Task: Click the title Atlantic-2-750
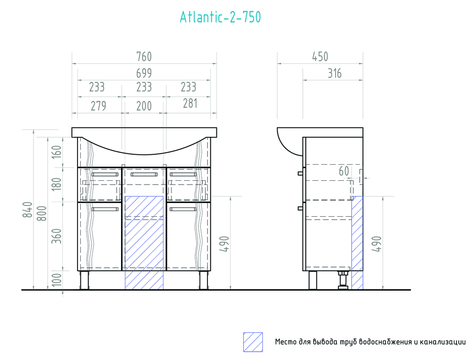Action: [220, 18]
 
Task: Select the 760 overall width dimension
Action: [144, 57]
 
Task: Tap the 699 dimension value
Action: [144, 73]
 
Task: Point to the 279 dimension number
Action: [98, 106]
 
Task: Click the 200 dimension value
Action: [144, 106]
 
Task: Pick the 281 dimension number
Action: [189, 103]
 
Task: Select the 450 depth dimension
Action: [320, 57]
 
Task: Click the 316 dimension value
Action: [333, 73]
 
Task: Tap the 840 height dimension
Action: [27, 210]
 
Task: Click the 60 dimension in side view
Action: [343, 171]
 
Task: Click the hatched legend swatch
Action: [253, 342]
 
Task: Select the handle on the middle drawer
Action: [144, 175]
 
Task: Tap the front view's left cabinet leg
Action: [85, 280]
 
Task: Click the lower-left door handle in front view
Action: [105, 209]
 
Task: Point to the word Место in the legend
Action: [286, 342]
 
